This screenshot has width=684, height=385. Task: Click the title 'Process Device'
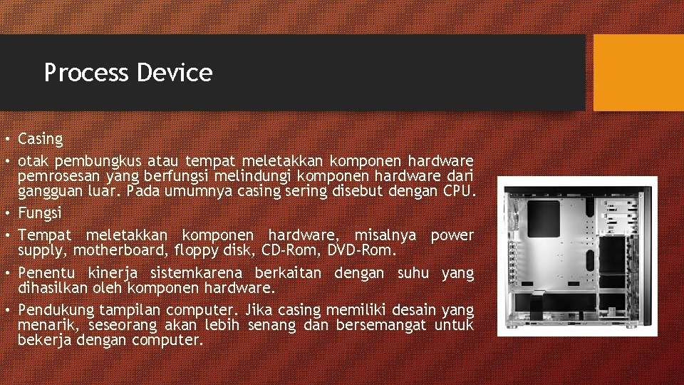click(128, 73)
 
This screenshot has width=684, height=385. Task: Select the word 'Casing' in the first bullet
click(41, 139)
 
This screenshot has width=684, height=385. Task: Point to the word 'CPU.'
click(458, 190)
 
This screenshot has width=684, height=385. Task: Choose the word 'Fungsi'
click(40, 212)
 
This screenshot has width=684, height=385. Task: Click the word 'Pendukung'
click(56, 310)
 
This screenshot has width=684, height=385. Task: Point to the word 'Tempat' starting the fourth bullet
click(45, 235)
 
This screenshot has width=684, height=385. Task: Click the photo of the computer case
click(577, 256)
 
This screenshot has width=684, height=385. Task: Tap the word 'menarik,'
click(49, 325)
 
